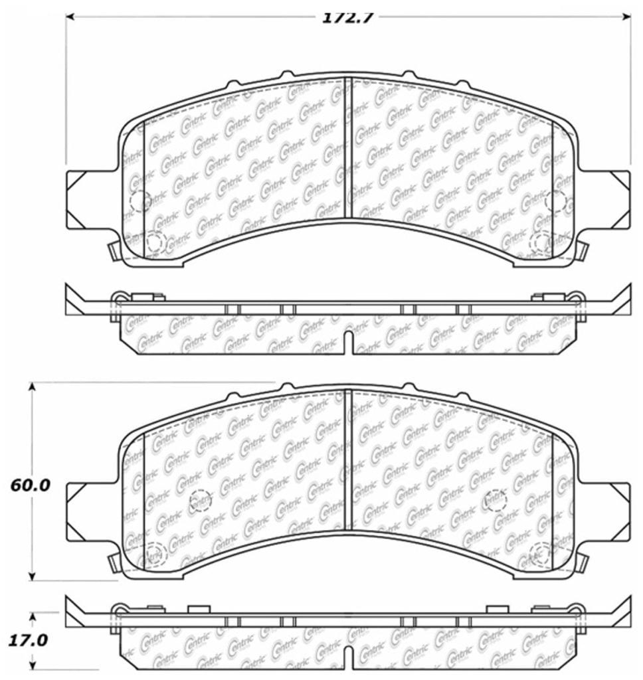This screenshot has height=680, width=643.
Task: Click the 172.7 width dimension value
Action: pyautogui.click(x=347, y=18)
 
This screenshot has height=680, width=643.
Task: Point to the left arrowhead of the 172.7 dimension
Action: pyautogui.click(x=70, y=17)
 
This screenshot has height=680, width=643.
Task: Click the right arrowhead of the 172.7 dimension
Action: pyautogui.click(x=626, y=17)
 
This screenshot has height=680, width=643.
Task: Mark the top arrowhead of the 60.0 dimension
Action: pyautogui.click(x=31, y=388)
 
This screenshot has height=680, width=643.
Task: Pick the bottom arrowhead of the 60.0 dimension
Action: pyautogui.click(x=31, y=576)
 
